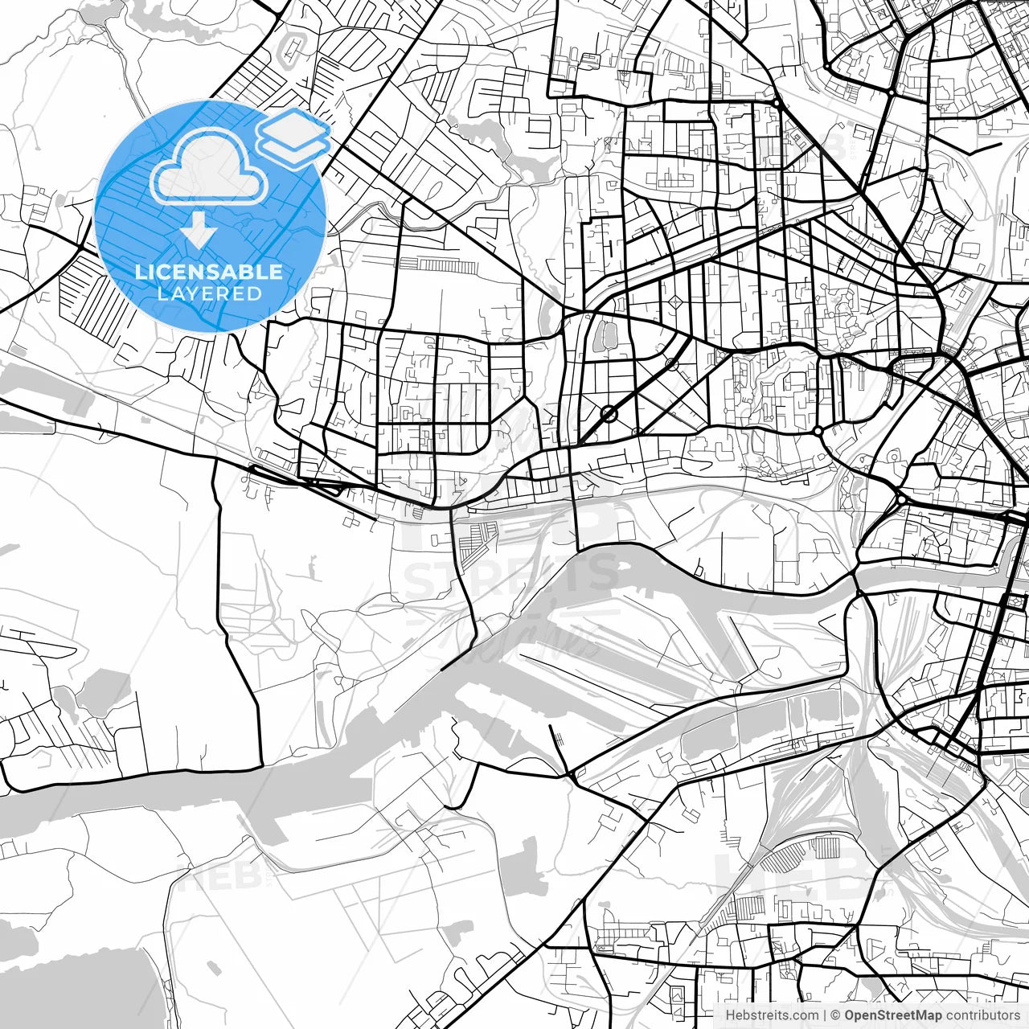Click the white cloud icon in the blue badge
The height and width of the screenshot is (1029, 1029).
[x=210, y=167]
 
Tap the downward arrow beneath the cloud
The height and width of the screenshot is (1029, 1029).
[x=199, y=232]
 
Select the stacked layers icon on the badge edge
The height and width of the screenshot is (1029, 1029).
[x=293, y=137]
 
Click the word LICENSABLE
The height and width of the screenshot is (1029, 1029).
[x=209, y=272]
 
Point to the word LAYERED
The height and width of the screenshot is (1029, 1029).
[x=209, y=293]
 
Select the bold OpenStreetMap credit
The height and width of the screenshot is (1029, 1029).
[x=892, y=1015]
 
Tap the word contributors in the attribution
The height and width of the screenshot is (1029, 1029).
[x=982, y=1015]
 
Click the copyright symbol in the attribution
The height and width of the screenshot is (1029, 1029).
[x=835, y=1015]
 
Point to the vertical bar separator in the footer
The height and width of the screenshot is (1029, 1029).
[x=825, y=1015]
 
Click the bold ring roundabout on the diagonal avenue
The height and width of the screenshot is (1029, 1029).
[x=609, y=414]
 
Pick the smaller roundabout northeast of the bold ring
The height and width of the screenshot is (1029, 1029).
[x=671, y=364]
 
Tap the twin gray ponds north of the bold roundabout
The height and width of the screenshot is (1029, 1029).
[x=601, y=335]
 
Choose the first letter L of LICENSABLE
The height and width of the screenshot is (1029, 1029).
[x=140, y=272]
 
